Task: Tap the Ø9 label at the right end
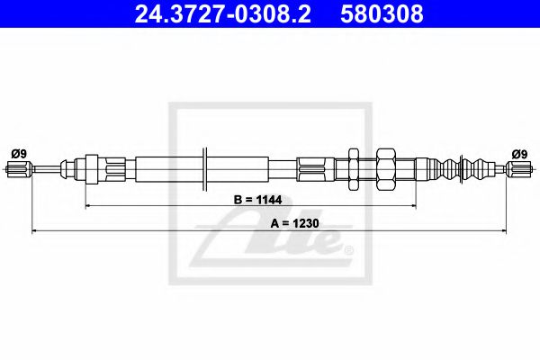[519, 153]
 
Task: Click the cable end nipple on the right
[518, 168]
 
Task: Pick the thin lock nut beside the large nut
[353, 168]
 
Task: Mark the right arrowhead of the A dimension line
[502, 231]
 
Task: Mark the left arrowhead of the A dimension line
[37, 231]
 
